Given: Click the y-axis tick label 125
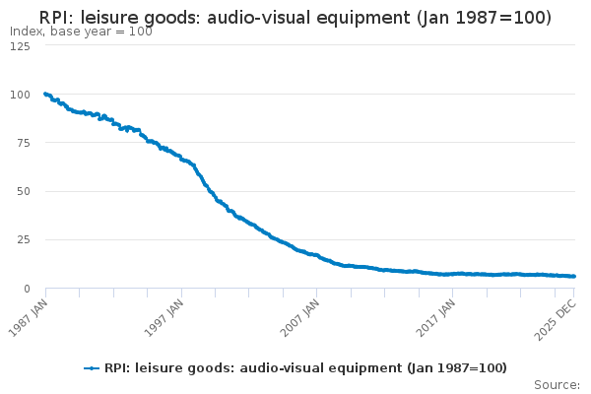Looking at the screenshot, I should (x=19, y=46).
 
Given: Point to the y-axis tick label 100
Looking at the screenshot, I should (x=19, y=95).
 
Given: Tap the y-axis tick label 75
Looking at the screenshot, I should (x=22, y=143).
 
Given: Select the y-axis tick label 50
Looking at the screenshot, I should (x=22, y=191).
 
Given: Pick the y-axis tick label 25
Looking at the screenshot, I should (x=22, y=239).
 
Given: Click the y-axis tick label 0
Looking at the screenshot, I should (x=26, y=288).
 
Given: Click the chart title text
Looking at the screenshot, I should (x=295, y=18).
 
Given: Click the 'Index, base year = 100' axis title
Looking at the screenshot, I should (x=81, y=32).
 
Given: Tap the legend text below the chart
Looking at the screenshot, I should (x=305, y=368).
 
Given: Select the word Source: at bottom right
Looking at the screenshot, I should (x=557, y=384).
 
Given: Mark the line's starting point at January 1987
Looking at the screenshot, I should (x=45, y=94).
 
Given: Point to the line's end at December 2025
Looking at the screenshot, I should (x=574, y=276).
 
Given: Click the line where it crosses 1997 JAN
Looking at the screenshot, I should (x=181, y=158).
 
